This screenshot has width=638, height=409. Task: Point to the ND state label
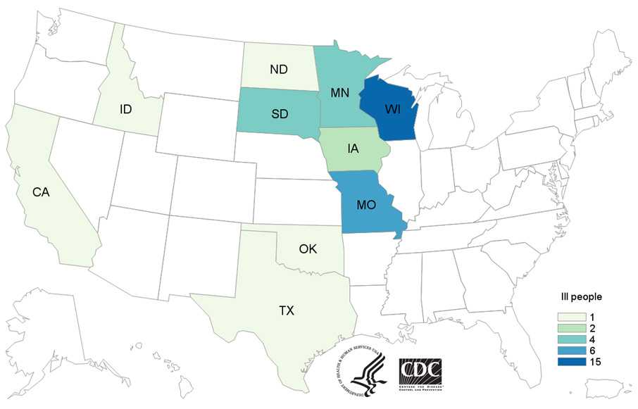(x=277, y=70)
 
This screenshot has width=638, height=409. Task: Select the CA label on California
(x=39, y=191)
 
